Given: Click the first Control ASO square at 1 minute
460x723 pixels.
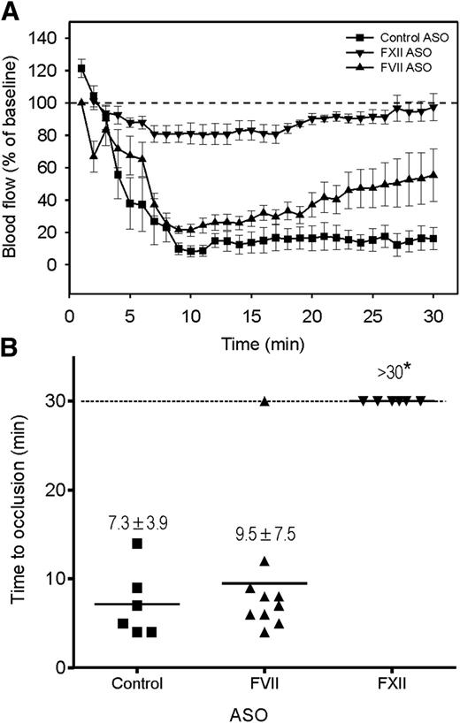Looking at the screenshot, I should (81, 69).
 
